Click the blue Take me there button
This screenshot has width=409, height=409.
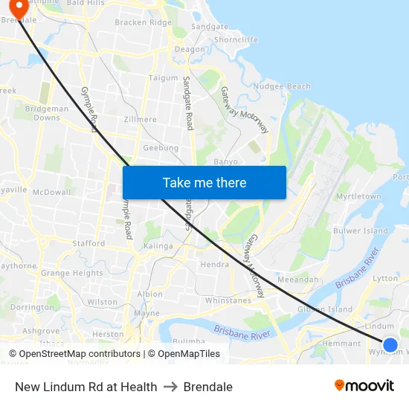(204, 182)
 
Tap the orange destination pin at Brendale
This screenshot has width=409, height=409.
(15, 7)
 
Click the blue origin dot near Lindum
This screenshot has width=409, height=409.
(390, 344)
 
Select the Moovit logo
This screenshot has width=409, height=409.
(364, 386)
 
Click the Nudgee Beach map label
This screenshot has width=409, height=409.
(282, 86)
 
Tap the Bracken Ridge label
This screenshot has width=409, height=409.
(142, 22)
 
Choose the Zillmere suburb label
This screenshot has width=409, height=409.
(141, 119)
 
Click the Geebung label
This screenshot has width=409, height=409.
(161, 148)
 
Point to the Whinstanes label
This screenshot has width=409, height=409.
(228, 300)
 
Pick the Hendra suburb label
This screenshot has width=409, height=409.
(213, 264)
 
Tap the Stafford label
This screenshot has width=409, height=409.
(88, 243)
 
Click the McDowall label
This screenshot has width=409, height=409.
(51, 191)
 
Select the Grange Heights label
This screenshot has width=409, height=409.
(71, 273)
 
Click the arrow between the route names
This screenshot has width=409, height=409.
(170, 387)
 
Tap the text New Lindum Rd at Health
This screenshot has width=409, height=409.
(86, 387)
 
